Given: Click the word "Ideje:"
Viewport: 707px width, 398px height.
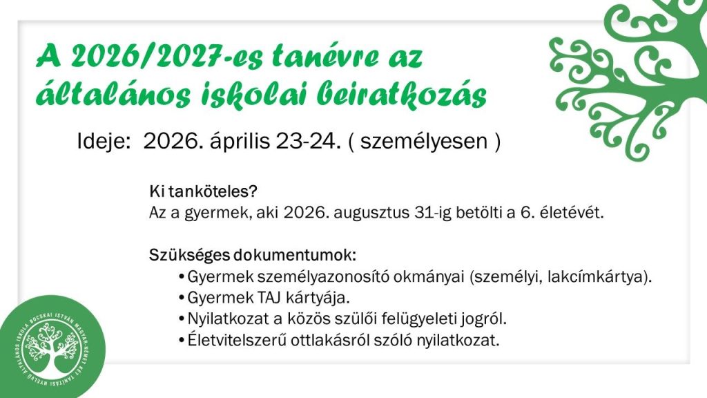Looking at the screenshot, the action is click(x=104, y=141).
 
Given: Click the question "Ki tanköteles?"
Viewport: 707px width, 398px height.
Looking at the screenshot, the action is click(x=203, y=191).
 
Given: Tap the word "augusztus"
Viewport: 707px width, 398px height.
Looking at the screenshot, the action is click(x=371, y=213).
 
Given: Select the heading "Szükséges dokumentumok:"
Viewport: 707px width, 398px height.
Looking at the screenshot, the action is click(x=253, y=255).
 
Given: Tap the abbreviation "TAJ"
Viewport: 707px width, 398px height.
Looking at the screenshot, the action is click(x=270, y=298).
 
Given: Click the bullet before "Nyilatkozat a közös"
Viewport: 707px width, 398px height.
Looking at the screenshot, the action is click(x=182, y=319).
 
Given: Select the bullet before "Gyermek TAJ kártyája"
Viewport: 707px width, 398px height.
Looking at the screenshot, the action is click(x=182, y=298).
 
